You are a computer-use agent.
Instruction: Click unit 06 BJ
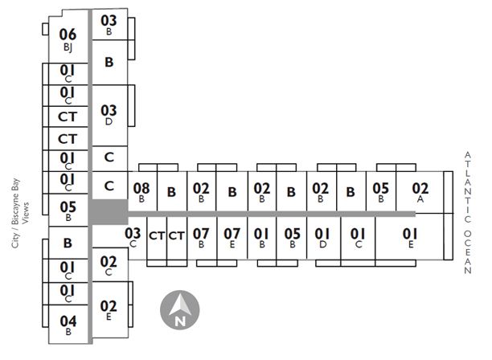(68, 38)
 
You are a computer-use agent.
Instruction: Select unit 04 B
(68, 324)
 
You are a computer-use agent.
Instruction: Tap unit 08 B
(141, 192)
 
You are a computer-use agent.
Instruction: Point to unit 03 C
(133, 237)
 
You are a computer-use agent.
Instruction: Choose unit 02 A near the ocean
(420, 192)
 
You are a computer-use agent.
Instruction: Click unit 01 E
(410, 237)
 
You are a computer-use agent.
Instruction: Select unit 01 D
(322, 237)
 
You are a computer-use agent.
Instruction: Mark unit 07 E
(232, 237)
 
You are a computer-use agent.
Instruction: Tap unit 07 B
(201, 237)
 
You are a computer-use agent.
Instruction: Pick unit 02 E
(109, 309)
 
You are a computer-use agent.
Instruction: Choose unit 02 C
(109, 264)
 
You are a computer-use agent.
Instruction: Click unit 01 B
(261, 237)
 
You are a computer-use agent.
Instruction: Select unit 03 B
(109, 24)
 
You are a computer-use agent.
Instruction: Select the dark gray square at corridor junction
(109, 212)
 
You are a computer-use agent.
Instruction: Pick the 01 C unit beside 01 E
(359, 237)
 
